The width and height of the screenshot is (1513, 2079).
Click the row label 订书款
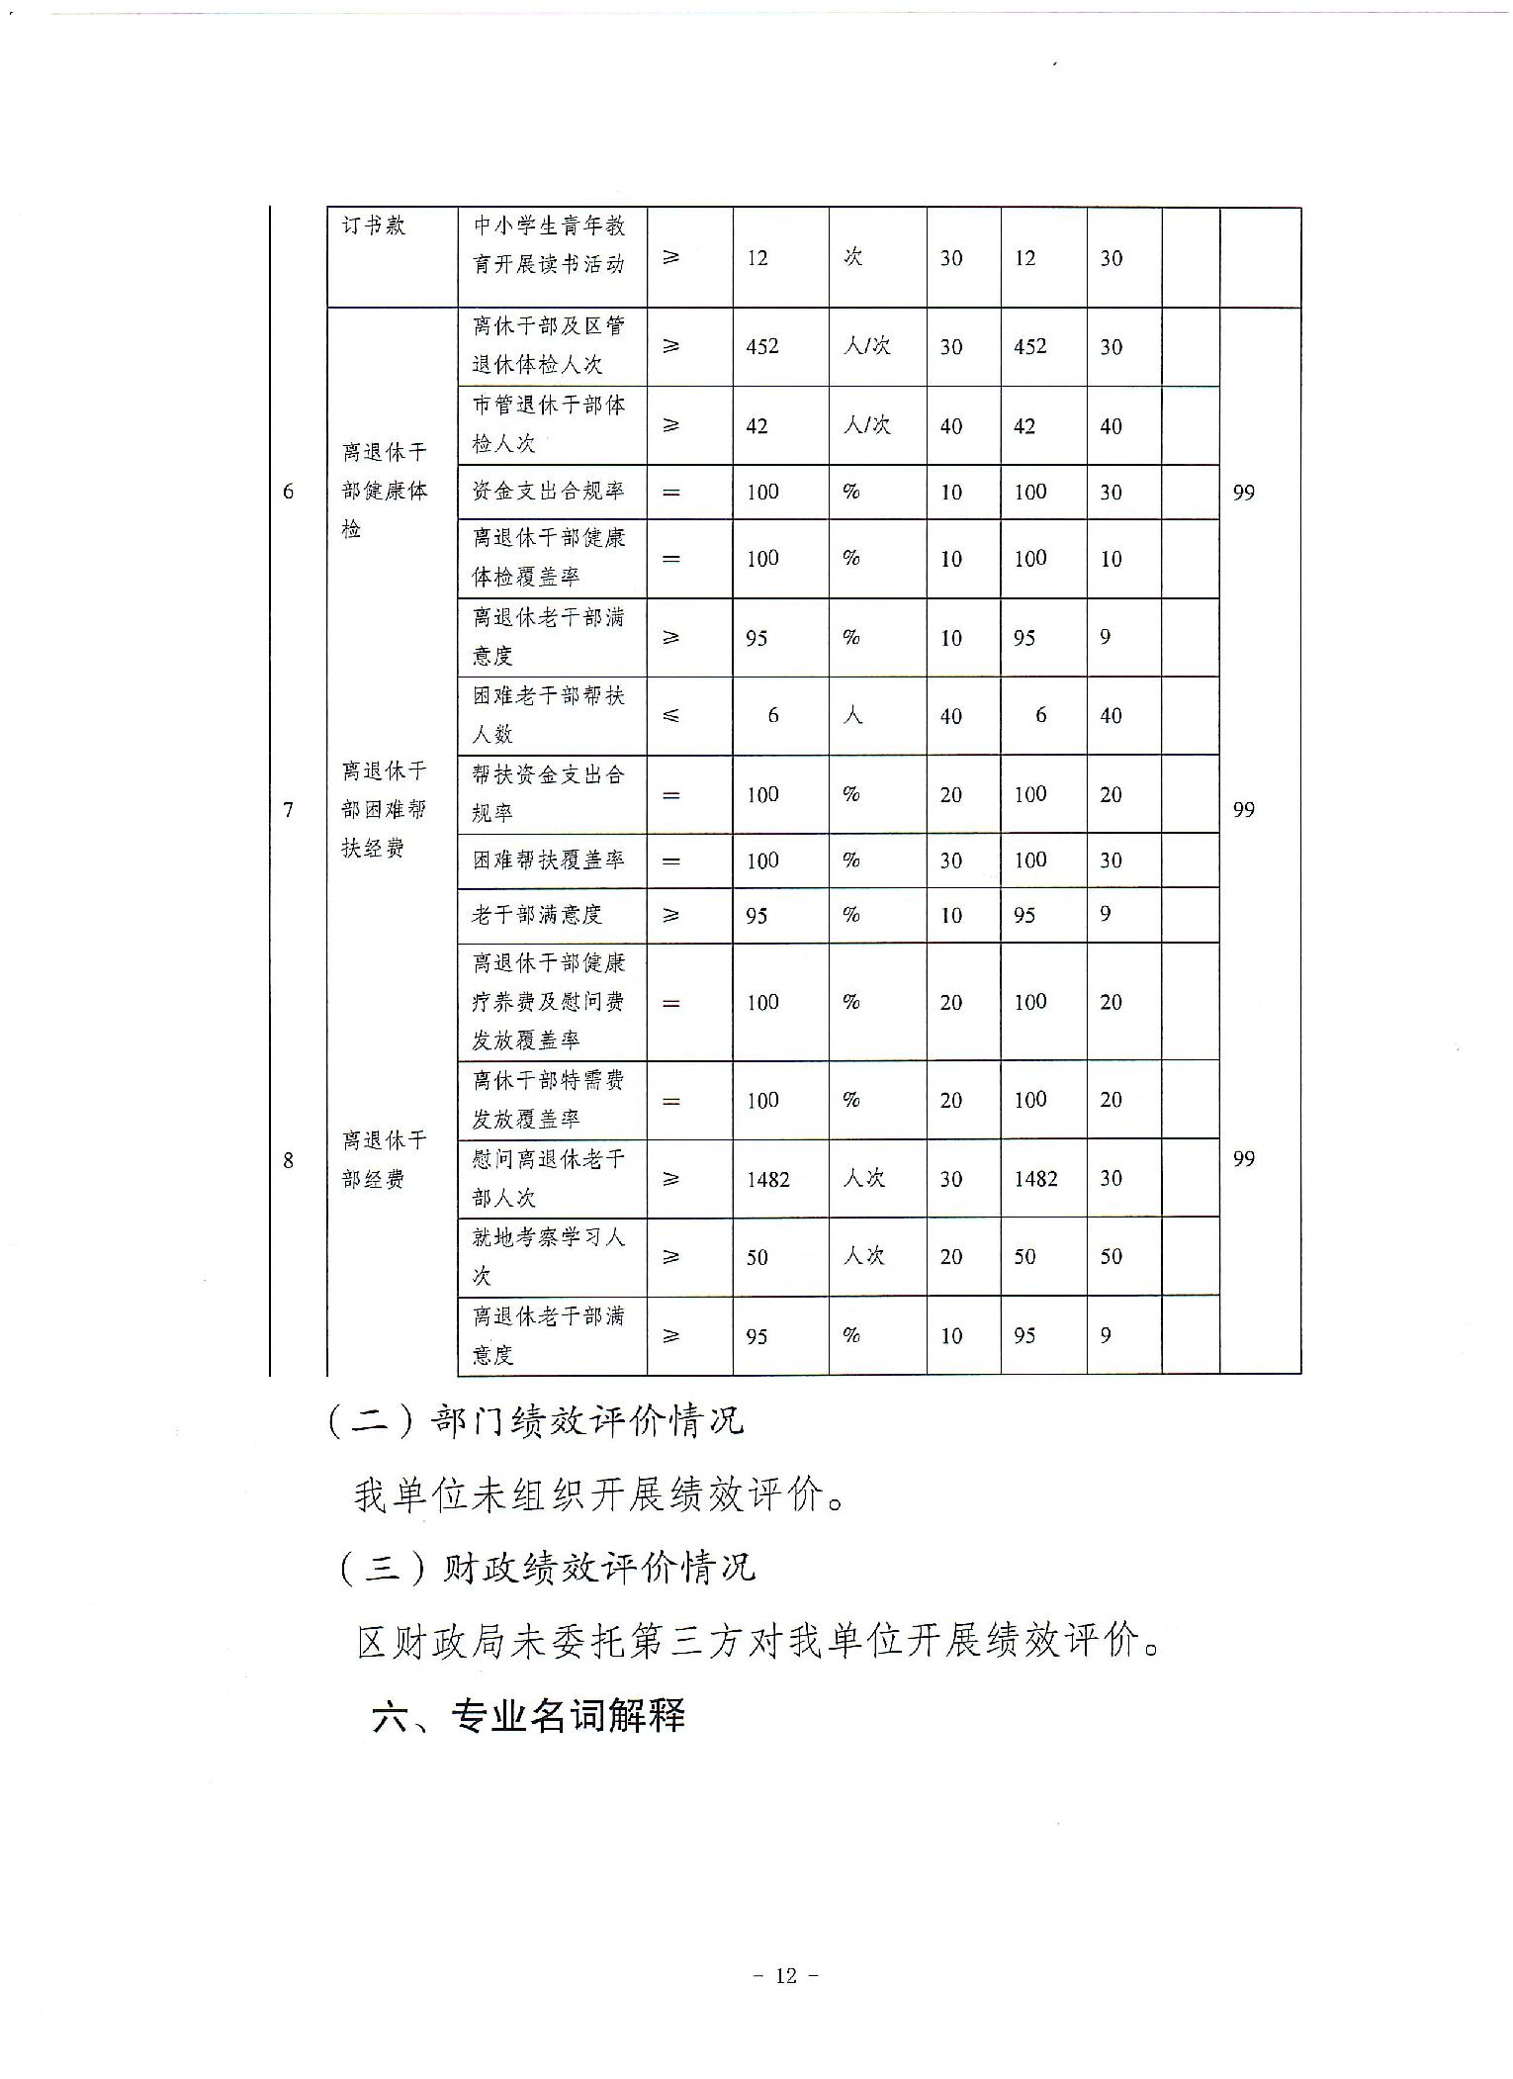374,226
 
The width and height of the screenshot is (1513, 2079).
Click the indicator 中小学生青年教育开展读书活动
549,244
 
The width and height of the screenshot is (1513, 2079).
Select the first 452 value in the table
762,346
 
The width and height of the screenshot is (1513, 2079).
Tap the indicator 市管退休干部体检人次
549,424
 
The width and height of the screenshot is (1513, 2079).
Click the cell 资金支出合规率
549,492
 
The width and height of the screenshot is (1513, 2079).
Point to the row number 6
288,492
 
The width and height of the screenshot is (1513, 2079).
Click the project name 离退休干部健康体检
384,491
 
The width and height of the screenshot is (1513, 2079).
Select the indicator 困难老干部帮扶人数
549,715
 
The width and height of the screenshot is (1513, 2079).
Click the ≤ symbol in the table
670,715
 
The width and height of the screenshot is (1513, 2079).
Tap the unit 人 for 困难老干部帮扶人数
852,715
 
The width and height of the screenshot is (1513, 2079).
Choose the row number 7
288,810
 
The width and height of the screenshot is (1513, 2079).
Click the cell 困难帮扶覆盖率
549,860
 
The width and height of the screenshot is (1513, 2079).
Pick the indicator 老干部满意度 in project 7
537,915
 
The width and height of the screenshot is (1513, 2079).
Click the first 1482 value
768,1179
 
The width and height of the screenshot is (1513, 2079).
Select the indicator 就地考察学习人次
549,1256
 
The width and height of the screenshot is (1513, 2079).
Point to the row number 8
288,1159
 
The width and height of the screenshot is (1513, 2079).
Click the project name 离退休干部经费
384,1159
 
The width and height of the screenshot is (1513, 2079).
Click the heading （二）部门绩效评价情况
535,1421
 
